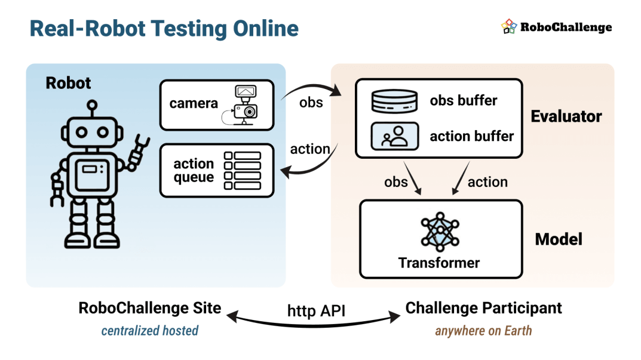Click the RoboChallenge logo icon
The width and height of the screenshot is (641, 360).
509,26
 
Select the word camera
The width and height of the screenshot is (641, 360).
194,104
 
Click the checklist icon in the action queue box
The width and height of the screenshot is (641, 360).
243,171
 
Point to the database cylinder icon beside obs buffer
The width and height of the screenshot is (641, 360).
394,101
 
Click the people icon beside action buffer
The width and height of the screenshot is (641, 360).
394,136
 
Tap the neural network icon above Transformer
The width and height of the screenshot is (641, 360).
440,232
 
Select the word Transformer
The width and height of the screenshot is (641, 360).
439,263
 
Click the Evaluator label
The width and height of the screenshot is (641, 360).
566,116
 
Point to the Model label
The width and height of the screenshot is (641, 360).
559,239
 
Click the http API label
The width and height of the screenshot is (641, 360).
316,310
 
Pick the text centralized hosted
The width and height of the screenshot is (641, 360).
149,331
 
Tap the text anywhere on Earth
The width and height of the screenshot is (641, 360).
484,331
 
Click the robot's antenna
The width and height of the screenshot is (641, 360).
93,108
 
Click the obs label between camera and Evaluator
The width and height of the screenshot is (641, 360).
311,103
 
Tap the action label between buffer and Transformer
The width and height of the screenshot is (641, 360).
487,182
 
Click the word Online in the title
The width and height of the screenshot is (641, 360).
266,29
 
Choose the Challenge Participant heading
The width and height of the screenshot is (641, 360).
484,308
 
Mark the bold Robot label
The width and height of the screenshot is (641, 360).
68,83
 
